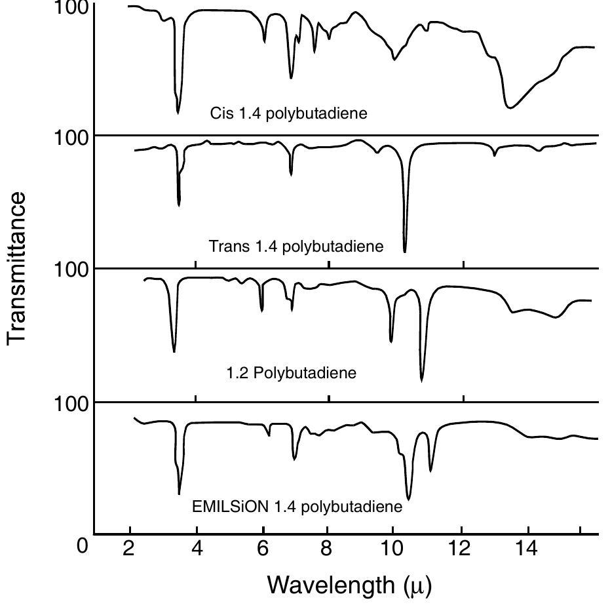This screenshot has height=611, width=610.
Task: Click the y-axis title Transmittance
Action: point(18,267)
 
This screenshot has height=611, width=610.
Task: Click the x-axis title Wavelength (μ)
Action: point(349,584)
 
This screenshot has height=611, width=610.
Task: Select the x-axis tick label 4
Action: point(197,548)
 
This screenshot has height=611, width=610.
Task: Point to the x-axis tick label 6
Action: point(262,548)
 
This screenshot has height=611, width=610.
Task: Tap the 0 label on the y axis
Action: point(82,545)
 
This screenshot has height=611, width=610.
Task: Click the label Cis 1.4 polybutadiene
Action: point(288,113)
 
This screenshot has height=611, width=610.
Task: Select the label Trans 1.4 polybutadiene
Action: point(295,247)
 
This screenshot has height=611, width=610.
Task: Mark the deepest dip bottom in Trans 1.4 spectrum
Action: point(405,251)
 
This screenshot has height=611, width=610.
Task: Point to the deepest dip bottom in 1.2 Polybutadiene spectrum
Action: point(421,380)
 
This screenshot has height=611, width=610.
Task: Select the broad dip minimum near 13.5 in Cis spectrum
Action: point(509,108)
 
